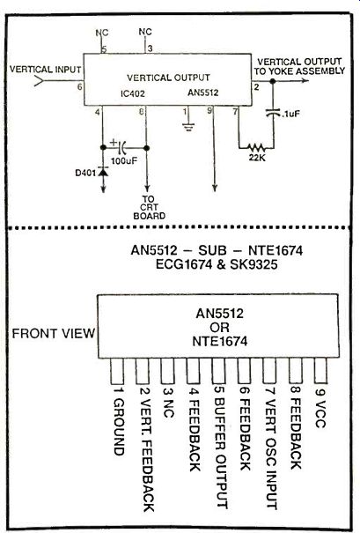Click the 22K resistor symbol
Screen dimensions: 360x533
[x=256, y=148]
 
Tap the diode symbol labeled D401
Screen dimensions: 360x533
[x=103, y=172]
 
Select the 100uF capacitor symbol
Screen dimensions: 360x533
[x=122, y=147]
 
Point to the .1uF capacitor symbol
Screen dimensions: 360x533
[x=273, y=113]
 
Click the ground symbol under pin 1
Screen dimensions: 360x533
[x=188, y=127]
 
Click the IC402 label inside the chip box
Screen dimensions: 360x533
[x=132, y=93]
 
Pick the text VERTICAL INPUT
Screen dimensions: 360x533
[x=45, y=70]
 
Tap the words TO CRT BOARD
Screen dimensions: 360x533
[x=149, y=207]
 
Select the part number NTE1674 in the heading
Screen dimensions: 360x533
[x=276, y=250]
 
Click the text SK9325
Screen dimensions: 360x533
[x=253, y=264]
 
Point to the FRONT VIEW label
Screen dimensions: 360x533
[x=54, y=334]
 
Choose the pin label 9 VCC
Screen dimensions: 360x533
[x=320, y=407]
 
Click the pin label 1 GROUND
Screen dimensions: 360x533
[x=118, y=421]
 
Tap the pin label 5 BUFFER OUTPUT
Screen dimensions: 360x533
[x=220, y=448]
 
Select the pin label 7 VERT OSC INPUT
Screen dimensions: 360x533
[x=271, y=448]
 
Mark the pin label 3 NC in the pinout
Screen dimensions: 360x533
[x=168, y=402]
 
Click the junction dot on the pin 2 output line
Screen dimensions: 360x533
[x=272, y=81]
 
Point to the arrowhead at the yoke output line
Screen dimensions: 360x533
[x=305, y=80]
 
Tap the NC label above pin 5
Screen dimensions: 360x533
[x=102, y=33]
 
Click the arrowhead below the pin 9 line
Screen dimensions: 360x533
[x=214, y=188]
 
